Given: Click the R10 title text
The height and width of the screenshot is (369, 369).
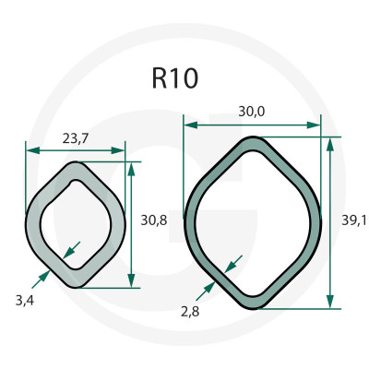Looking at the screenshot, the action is point(174,78).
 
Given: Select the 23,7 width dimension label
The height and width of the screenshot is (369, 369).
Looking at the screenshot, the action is point(76,139).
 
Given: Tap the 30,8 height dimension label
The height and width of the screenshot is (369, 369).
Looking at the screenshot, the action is point(154,220).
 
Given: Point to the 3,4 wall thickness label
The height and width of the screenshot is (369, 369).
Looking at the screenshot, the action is point(25,301).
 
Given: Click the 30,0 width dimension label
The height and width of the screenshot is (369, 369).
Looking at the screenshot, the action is point(252,112).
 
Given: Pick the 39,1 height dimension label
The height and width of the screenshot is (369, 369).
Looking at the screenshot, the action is point(354,220).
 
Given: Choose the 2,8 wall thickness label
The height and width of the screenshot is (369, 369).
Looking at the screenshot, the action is point(190,312).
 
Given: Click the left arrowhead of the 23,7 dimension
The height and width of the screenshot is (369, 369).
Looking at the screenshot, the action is point(33,150).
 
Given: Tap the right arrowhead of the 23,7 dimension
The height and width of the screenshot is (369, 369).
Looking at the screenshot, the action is point(118,150).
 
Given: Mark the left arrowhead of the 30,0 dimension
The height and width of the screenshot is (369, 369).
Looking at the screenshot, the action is point(190,125).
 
